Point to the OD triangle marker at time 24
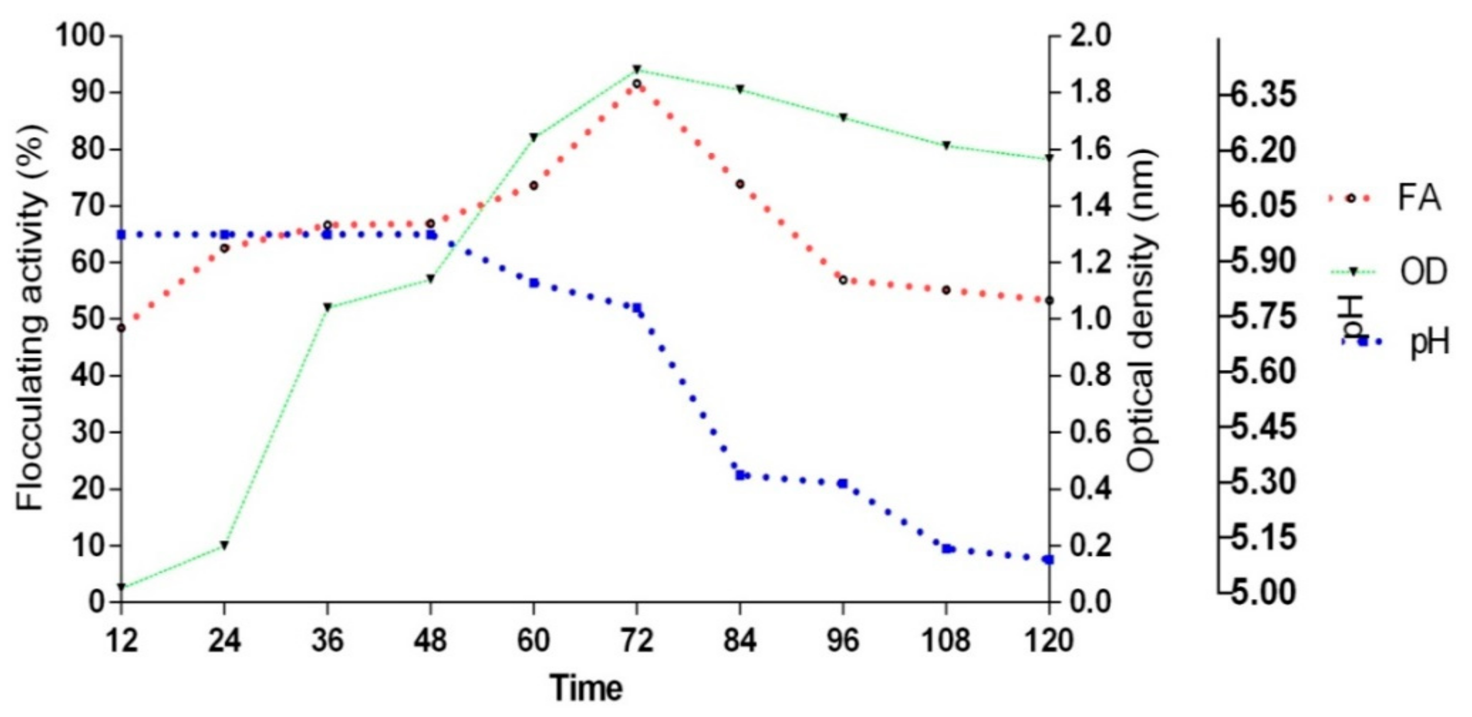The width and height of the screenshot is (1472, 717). (225, 545)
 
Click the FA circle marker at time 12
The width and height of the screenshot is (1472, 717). (121, 328)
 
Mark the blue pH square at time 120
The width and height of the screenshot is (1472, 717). (1049, 559)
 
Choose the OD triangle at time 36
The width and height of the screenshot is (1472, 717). (327, 307)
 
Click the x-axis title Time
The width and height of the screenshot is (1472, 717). (586, 687)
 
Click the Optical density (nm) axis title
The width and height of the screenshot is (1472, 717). (1143, 311)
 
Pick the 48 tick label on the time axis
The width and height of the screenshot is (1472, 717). (431, 640)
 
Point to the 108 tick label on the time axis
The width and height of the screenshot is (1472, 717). (946, 640)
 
